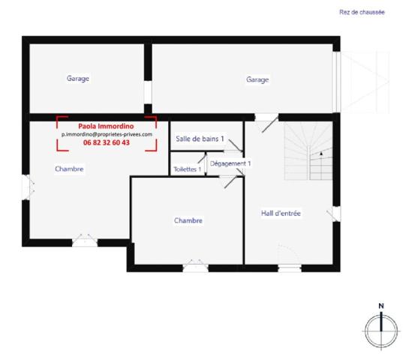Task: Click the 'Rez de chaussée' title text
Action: pos(362,13)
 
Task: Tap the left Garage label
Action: pos(78,78)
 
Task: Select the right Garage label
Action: pos(257,79)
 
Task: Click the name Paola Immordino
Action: pos(106,126)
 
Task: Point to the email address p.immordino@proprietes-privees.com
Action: pos(107,134)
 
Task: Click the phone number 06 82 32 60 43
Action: pos(106,142)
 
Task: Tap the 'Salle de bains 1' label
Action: pos(200,139)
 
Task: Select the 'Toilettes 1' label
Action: pos(187,169)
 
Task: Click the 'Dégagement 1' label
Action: pos(230,163)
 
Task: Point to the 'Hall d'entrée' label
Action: pos(281,214)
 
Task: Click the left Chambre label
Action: pos(69,169)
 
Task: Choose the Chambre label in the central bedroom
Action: pos(188,220)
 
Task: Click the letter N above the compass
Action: pos(381,305)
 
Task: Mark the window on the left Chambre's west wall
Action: pos(26,184)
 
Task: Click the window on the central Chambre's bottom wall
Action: pos(194,264)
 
